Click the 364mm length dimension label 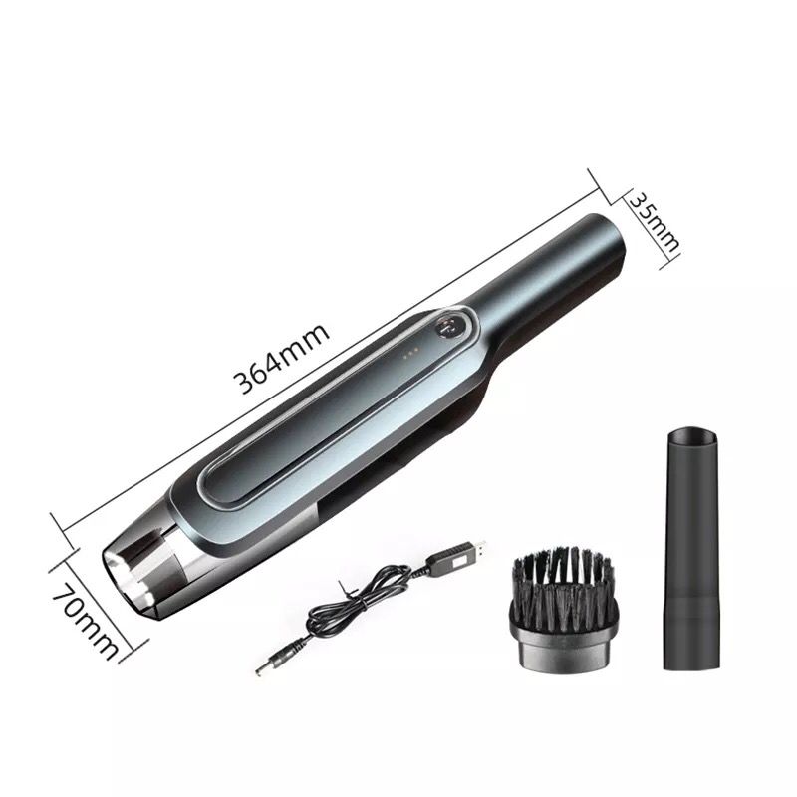[281, 358]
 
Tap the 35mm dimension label [655, 222]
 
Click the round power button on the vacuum [448, 329]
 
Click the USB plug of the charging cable [456, 556]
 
